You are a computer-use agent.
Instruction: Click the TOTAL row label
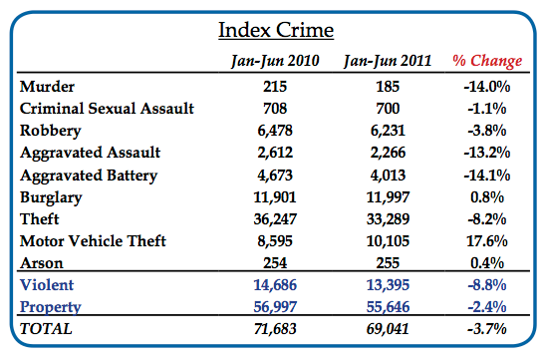(x=46, y=326)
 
